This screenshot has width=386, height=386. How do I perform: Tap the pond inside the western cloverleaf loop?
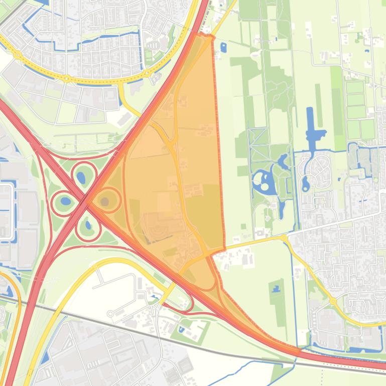(x=65, y=202)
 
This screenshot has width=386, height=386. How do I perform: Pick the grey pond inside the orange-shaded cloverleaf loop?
(x=105, y=202)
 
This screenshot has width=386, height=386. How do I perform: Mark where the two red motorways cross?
(x=86, y=201)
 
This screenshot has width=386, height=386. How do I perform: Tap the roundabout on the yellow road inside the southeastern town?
(x=333, y=301)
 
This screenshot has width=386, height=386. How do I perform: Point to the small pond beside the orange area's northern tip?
(x=223, y=48)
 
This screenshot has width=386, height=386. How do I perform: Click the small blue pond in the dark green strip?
(x=276, y=289)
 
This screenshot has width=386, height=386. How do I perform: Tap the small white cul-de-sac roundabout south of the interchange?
(x=110, y=314)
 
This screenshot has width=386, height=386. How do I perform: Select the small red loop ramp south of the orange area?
(x=188, y=304)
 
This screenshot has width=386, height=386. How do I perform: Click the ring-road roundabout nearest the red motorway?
(x=147, y=73)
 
